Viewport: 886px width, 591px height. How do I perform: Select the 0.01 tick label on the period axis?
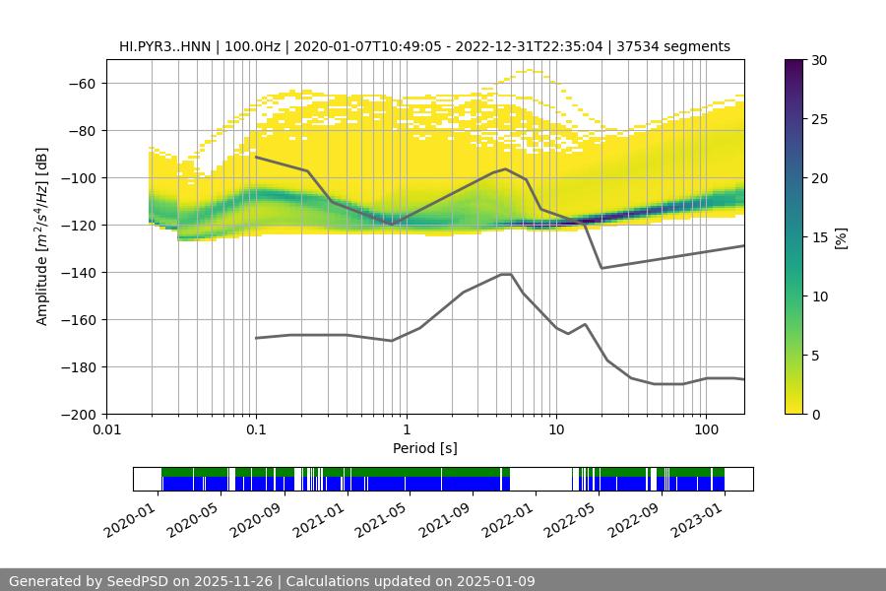106,430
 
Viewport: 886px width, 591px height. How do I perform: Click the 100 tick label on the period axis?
706,430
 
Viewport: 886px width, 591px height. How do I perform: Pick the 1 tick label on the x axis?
406,430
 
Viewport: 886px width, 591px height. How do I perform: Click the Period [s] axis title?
424,448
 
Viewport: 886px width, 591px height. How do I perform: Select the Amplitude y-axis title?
42,236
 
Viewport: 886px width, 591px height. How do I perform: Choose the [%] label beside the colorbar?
841,237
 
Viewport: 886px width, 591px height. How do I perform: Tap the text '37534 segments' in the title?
680,46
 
